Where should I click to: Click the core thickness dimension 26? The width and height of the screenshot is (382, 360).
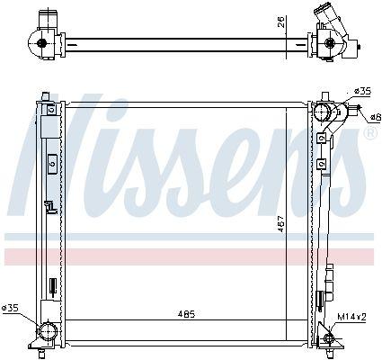pos(280,22)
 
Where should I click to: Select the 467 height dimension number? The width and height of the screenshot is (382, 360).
pos(280,224)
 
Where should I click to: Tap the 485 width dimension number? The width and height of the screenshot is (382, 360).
pos(186,314)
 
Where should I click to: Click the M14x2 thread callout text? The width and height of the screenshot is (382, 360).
pos(351,317)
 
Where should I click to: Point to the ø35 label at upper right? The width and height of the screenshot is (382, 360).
pos(362,91)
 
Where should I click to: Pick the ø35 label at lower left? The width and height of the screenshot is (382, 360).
pos(10,308)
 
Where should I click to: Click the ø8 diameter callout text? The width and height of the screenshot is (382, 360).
pos(375,118)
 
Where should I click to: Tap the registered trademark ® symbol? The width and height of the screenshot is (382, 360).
pos(370,134)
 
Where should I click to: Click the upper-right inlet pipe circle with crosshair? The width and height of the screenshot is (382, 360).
pos(322,112)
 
